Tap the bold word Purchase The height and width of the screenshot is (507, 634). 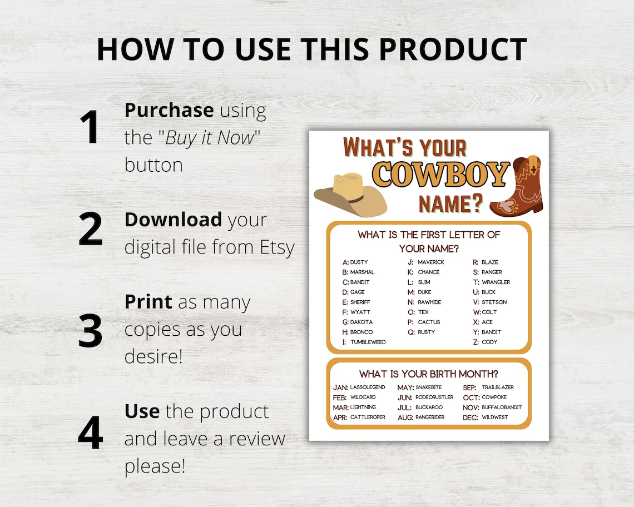pos(169,110)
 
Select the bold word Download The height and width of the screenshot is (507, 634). pos(173,220)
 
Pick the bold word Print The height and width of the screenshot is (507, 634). pos(148,302)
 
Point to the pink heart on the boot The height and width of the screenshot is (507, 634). pos(506,206)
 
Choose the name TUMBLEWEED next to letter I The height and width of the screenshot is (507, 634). pos(368,342)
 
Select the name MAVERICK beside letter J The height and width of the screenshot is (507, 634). pos(431,262)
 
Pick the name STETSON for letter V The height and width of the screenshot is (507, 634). pos(494,302)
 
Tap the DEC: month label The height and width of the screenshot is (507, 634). pos(470,417)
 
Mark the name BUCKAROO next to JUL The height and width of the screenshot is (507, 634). pos(429,407)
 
